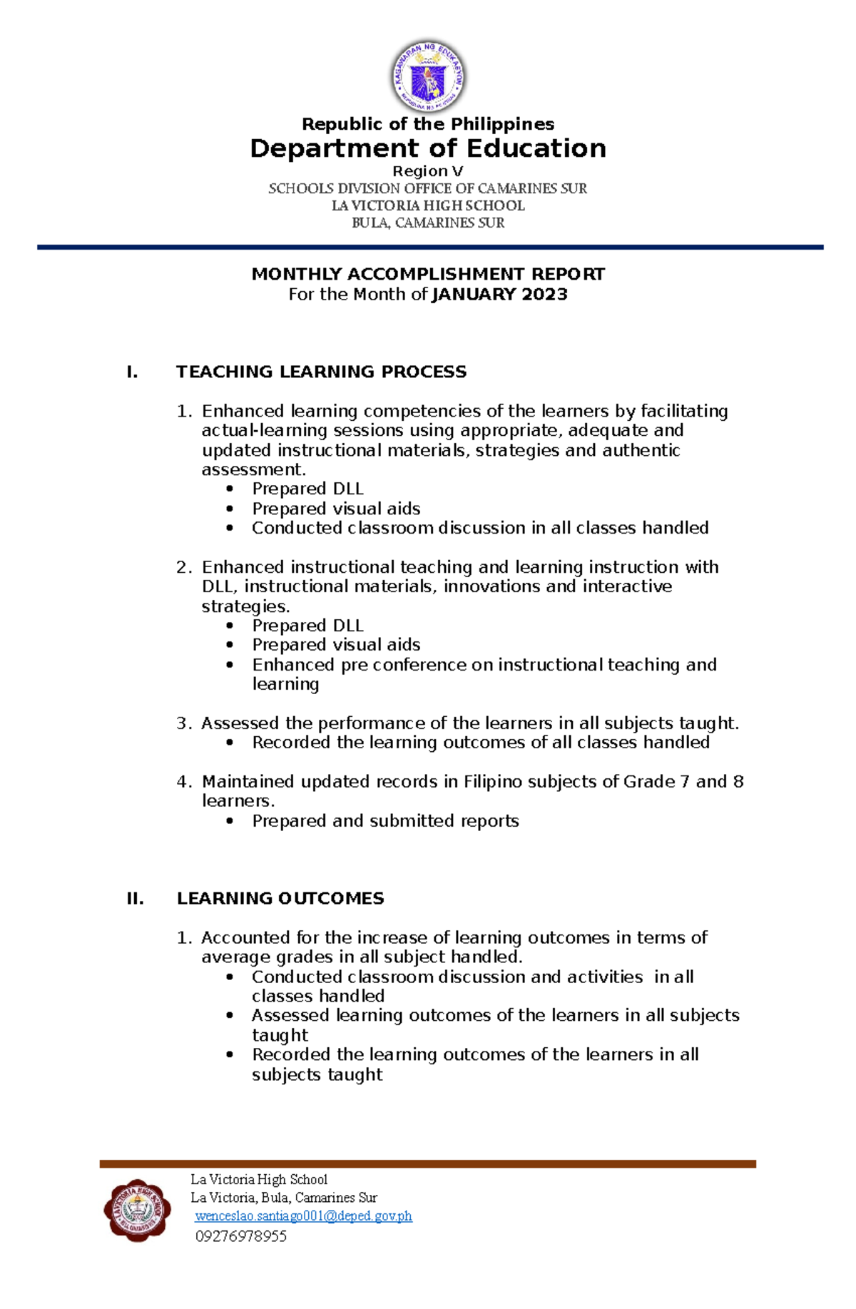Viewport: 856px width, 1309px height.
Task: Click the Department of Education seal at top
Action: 428,76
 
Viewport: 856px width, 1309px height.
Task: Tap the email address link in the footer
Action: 303,1216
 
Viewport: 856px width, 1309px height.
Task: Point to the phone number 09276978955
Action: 241,1236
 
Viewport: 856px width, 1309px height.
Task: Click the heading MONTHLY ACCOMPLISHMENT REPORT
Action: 428,274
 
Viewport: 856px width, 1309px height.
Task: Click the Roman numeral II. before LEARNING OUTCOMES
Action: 135,898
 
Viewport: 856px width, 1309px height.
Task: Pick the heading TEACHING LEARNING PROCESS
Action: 321,372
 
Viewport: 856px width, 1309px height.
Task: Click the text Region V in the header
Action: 428,171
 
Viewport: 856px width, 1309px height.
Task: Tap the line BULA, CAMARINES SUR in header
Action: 428,223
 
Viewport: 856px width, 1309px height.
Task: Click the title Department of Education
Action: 428,148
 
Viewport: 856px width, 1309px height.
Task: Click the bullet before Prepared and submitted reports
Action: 230,821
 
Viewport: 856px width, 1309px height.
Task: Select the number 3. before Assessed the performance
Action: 183,723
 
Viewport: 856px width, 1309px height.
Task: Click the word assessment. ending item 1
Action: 253,469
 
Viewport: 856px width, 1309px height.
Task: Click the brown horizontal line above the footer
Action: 427,1163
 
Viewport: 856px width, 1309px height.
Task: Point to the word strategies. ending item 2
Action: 245,606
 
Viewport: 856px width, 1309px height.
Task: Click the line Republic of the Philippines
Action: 428,124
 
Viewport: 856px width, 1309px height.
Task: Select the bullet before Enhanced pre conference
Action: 230,665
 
